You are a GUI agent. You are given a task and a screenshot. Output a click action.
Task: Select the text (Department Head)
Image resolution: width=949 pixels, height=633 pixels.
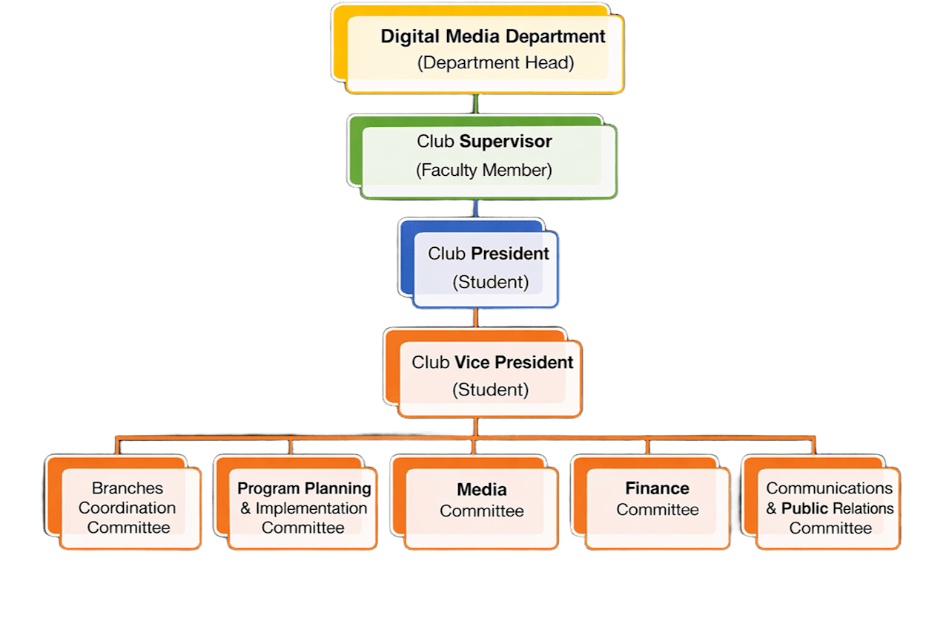pyautogui.click(x=495, y=62)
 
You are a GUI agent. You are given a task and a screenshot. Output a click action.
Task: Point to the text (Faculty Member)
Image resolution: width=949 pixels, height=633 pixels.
pyautogui.click(x=484, y=170)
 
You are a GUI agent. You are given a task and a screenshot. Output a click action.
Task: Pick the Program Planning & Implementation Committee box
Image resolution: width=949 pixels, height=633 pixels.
pyautogui.click(x=302, y=508)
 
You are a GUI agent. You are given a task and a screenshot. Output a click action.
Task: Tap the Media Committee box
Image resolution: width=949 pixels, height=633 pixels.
pyautogui.click(x=481, y=508)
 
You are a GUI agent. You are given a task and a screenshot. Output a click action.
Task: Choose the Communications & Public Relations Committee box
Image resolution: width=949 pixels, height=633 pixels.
pyautogui.click(x=829, y=508)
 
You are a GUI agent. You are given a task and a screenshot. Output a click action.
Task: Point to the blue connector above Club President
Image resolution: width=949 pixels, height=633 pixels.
pyautogui.click(x=475, y=209)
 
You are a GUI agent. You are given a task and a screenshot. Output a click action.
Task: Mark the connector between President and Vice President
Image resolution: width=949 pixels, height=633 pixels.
pyautogui.click(x=475, y=318)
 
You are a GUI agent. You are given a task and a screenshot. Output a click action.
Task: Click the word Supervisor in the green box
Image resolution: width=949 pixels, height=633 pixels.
pyautogui.click(x=506, y=141)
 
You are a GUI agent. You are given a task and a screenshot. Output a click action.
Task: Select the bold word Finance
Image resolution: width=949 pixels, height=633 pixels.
pyautogui.click(x=657, y=488)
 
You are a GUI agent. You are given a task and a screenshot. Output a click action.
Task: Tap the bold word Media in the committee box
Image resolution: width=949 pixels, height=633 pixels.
pyautogui.click(x=482, y=490)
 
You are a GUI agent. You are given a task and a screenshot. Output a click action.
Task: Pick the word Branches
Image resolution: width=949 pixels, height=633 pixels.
pyautogui.click(x=128, y=488)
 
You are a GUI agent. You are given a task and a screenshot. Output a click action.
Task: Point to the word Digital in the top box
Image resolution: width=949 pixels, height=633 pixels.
pyautogui.click(x=406, y=36)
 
